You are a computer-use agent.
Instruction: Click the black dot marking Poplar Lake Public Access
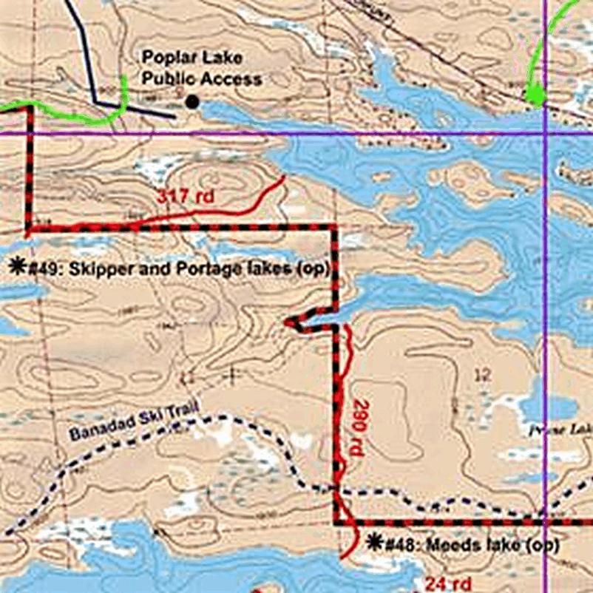click(x=192, y=102)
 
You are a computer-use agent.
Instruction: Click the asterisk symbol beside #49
click(x=16, y=267)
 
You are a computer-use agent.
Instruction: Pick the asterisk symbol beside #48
click(x=374, y=543)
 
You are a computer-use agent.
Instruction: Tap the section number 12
click(x=481, y=375)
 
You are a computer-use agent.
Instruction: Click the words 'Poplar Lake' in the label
click(x=192, y=57)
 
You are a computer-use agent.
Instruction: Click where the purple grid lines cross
click(x=545, y=134)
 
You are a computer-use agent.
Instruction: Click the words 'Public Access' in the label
click(x=202, y=78)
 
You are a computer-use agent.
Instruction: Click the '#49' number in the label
click(x=44, y=269)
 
